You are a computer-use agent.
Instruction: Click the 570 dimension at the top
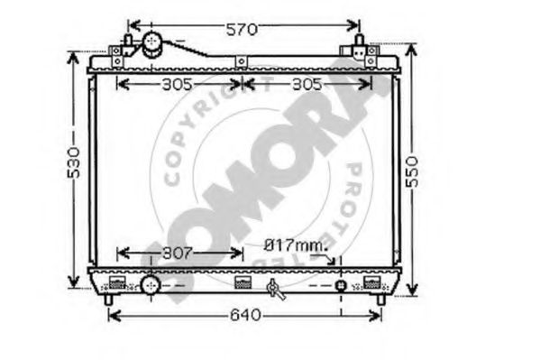pyautogui.click(x=242, y=30)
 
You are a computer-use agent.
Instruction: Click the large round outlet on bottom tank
pyautogui.click(x=150, y=285)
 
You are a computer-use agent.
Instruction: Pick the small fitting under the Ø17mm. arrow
pyautogui.click(x=341, y=286)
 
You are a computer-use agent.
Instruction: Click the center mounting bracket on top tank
pyautogui.click(x=242, y=62)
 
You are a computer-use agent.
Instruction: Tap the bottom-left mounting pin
pyautogui.click(x=109, y=298)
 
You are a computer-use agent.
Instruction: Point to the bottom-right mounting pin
pyautogui.click(x=382, y=298)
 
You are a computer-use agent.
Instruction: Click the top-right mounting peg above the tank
pyautogui.click(x=360, y=42)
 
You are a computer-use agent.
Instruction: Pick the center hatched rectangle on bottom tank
pyautogui.click(x=242, y=281)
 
